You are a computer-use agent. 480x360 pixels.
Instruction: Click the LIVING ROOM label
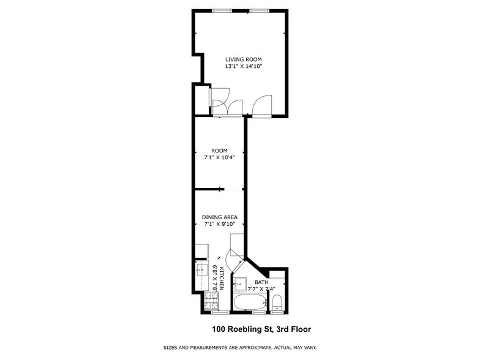coord(243,59)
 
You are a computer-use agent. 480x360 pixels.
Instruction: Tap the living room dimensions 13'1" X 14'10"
coord(243,67)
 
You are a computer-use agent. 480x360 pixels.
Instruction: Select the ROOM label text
coord(219,151)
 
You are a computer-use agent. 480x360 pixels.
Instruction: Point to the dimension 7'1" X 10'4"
coord(219,157)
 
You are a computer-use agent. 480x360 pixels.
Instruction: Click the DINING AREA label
coord(220,217)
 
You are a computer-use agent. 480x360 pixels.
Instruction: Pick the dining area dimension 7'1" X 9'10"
coord(220,224)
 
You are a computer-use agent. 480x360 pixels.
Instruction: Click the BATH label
coord(261,282)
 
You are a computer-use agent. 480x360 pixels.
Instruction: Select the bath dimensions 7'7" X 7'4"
coord(261,289)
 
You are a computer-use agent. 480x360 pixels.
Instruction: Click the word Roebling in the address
coord(247,329)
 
